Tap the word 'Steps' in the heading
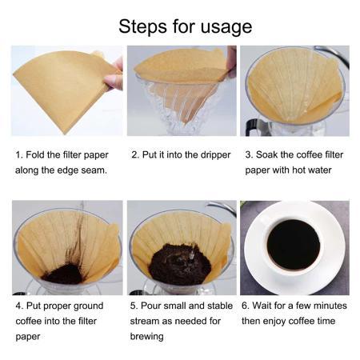tap(143, 26)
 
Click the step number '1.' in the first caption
tap(19, 154)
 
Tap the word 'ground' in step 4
tap(88, 306)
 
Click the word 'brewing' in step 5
tap(146, 337)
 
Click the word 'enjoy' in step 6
tap(274, 322)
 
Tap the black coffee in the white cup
tap(294, 245)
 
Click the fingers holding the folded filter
tap(114, 74)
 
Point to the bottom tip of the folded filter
tap(64, 134)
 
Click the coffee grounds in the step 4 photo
tap(63, 274)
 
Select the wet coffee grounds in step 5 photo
tap(180, 264)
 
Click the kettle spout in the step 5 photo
tap(222, 206)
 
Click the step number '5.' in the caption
tap(134, 306)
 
